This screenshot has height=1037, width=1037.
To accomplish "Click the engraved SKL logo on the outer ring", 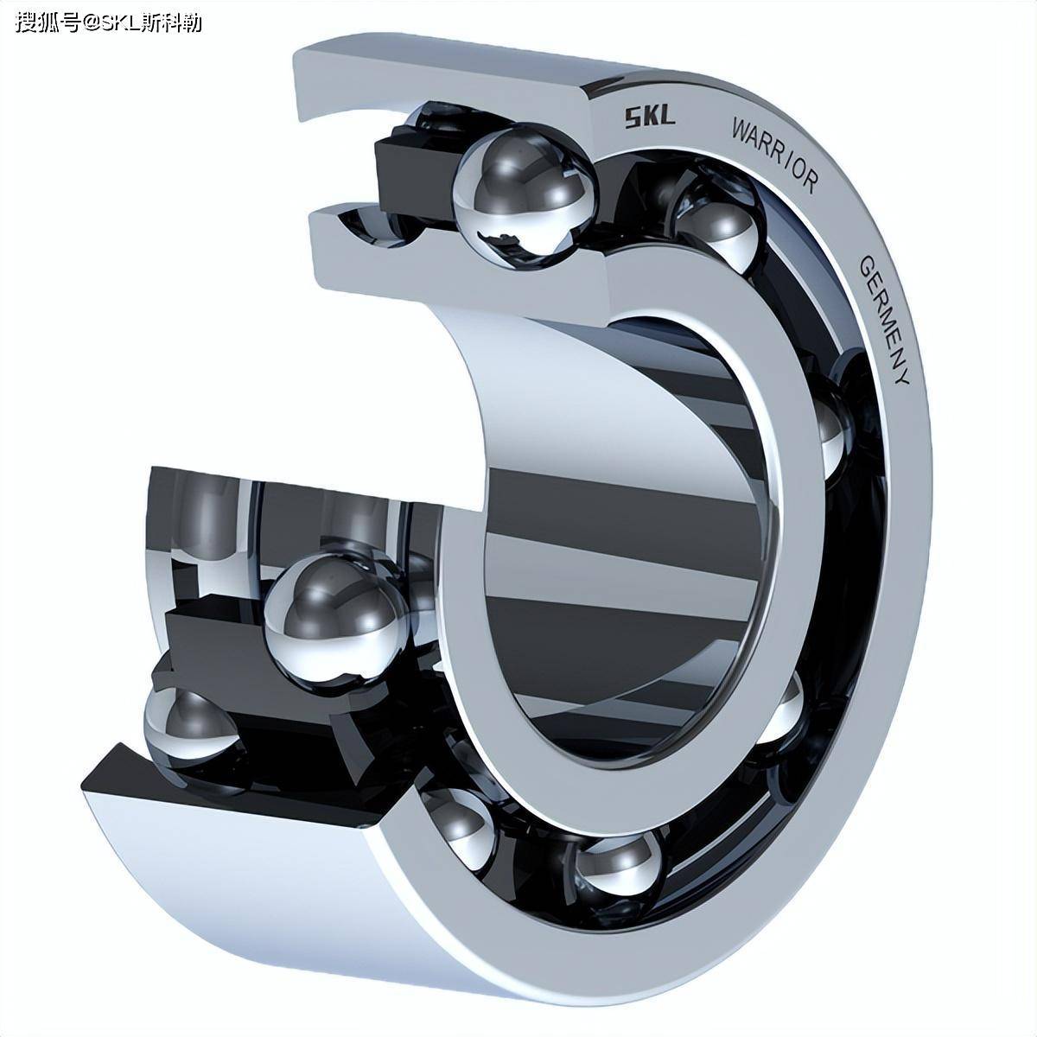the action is click(650, 118).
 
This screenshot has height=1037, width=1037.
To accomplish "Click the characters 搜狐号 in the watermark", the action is click(48, 22).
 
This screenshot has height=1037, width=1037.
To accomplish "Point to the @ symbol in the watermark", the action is click(92, 22).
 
